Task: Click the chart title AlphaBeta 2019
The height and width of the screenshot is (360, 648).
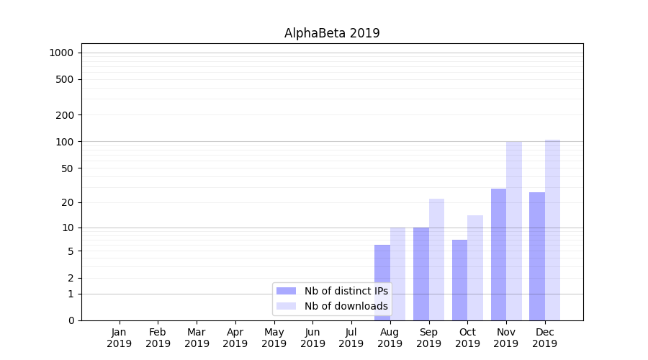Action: tap(332, 33)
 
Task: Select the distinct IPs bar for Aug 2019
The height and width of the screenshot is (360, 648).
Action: tap(382, 282)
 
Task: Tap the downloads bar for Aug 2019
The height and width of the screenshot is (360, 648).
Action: tap(397, 274)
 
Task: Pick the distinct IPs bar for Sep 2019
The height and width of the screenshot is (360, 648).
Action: tap(421, 274)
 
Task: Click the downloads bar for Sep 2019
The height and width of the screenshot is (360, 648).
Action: tap(436, 259)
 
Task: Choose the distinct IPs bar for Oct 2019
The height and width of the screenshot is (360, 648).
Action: tap(459, 280)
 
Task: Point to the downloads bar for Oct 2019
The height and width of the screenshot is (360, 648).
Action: tap(475, 268)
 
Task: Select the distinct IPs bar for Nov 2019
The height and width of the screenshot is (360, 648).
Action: tap(498, 254)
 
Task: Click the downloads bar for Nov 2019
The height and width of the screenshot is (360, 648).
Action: tap(514, 230)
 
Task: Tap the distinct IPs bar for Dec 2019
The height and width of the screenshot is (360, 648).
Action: tap(537, 256)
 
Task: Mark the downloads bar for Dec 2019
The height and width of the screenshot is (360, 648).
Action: tap(553, 230)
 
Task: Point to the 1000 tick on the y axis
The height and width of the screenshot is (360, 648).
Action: tap(61, 53)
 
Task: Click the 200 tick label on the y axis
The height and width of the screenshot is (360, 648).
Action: tap(65, 115)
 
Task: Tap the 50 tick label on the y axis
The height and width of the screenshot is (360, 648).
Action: tap(67, 168)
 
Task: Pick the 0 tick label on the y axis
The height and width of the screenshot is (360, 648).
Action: tap(71, 320)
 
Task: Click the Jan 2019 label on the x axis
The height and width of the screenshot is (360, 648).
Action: tap(120, 338)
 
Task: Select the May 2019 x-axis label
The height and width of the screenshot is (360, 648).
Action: tap(274, 338)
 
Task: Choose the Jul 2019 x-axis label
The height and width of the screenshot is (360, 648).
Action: tap(351, 338)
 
